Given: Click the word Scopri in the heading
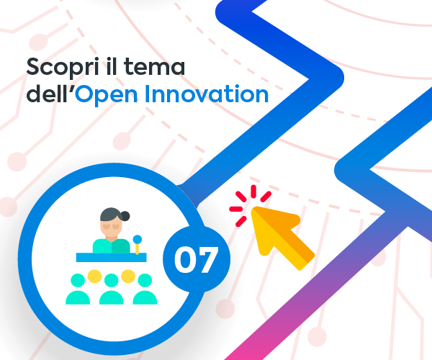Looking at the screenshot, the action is [62, 67].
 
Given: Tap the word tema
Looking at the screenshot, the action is [154, 67].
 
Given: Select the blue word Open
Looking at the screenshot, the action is [106, 95].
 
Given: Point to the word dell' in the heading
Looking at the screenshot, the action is [50, 94].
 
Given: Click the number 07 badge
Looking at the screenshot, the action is [197, 259].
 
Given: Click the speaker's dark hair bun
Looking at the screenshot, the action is [125, 216].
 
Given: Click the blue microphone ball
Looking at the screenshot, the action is [138, 239].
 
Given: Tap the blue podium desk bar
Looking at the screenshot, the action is [112, 257].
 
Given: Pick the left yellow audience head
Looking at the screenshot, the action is [94, 276].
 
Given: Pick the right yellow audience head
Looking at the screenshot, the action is [128, 276].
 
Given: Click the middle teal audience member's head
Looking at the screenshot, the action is [112, 281].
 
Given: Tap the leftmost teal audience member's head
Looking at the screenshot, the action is [78, 281].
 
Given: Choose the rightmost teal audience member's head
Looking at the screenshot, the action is [145, 281].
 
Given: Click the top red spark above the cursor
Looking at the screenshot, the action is [253, 191].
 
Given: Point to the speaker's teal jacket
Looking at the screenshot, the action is [112, 246].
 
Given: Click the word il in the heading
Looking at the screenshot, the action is [110, 66].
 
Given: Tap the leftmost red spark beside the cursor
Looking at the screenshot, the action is [236, 209].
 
